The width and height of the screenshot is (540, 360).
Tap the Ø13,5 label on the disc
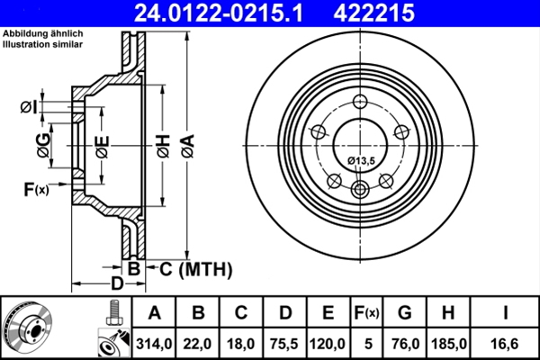tap(361, 160)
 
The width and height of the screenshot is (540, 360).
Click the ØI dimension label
tap(27, 109)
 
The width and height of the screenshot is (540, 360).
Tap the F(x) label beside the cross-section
tap(37, 189)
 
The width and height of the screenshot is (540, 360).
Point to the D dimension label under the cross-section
tap(116, 285)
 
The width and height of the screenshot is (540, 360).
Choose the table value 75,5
tap(286, 342)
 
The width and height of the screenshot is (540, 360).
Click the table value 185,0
tap(451, 342)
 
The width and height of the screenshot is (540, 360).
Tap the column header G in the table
tap(405, 313)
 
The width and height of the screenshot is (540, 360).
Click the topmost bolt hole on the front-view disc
tap(361, 102)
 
